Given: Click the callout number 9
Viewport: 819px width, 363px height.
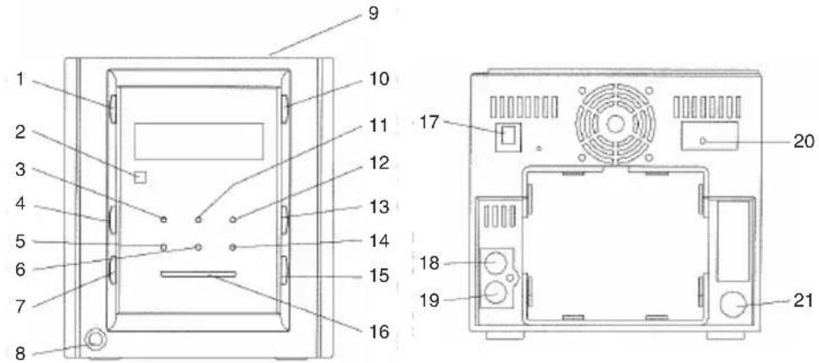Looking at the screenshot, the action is pyautogui.click(x=373, y=13).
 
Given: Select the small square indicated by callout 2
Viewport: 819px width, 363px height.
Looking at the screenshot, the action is pyautogui.click(x=140, y=178).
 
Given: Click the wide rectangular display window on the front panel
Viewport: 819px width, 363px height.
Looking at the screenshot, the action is pyautogui.click(x=198, y=141).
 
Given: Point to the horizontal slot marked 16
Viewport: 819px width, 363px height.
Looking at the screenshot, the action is pyautogui.click(x=198, y=274).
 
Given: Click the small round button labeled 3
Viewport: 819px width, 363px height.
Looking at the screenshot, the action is pyautogui.click(x=164, y=220).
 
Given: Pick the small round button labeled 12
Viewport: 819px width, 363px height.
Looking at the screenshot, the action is pyautogui.click(x=233, y=219).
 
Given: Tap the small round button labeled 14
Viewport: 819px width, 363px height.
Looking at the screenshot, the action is pyautogui.click(x=233, y=247).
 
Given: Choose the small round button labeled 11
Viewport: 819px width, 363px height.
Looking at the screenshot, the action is pyautogui.click(x=198, y=219).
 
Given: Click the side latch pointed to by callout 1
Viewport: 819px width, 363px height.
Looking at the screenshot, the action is pyautogui.click(x=113, y=108).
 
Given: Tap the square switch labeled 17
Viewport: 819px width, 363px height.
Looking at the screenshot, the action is pyautogui.click(x=505, y=136).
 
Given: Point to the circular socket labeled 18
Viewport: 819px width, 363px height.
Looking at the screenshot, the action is pyautogui.click(x=494, y=263).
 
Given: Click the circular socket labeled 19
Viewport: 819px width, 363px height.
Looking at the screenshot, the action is pyautogui.click(x=494, y=293).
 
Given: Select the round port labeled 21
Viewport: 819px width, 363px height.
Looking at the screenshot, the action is pyautogui.click(x=733, y=304).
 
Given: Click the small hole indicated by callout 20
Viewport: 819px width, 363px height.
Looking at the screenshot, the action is pyautogui.click(x=704, y=140).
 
